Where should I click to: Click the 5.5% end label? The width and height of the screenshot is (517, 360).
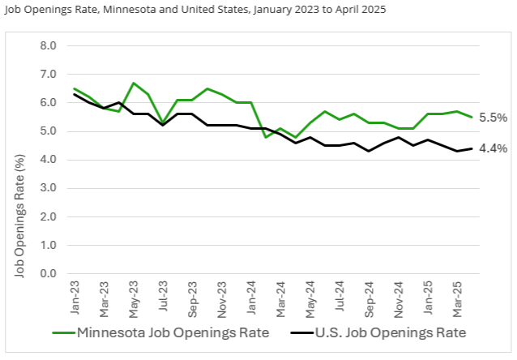[493, 118]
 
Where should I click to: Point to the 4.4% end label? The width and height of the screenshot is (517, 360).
[493, 148]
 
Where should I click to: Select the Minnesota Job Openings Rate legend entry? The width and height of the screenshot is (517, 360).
[169, 332]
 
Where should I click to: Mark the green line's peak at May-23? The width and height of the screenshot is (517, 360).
[134, 83]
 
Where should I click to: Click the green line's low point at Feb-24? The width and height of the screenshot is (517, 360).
[266, 137]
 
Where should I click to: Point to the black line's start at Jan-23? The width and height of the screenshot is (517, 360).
[75, 94]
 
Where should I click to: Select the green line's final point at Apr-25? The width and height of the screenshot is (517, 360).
[472, 117]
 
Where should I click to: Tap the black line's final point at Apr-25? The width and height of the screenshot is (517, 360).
[472, 148]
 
